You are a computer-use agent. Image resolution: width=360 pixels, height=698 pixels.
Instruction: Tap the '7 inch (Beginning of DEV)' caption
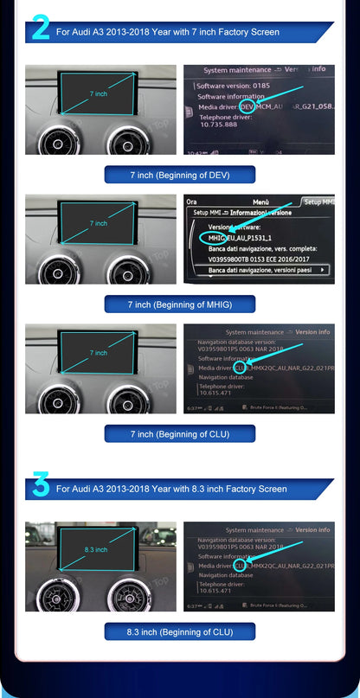[x=179, y=175]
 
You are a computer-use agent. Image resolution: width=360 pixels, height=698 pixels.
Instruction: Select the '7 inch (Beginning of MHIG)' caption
[x=179, y=304]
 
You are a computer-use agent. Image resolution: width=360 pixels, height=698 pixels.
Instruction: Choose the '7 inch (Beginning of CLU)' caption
[x=179, y=433]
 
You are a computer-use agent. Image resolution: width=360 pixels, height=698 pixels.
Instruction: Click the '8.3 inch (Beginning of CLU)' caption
[x=179, y=632]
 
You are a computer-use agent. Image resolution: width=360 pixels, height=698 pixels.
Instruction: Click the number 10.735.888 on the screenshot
[x=219, y=125]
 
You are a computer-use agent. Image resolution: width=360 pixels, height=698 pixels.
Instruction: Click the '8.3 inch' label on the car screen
[x=95, y=548]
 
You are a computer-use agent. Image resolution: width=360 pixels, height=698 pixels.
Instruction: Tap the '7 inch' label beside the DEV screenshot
[x=99, y=93]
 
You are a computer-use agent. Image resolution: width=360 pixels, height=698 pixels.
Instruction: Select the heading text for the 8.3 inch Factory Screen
[x=171, y=489]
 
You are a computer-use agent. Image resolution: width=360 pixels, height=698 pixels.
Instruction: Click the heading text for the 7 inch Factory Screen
[x=167, y=32]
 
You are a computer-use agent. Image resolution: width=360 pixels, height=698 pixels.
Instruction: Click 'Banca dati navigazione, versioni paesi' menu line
[x=259, y=270]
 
